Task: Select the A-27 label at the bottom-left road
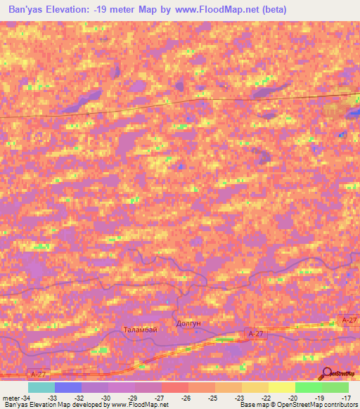[40, 374]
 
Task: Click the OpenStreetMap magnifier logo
[327, 372]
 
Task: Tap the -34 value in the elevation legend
[26, 397]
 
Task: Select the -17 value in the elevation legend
[347, 397]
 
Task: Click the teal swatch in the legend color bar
[41, 387]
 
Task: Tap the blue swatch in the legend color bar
[68, 387]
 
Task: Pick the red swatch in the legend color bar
[174, 387]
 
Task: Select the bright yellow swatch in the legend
[281, 387]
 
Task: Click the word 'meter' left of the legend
[11, 397]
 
